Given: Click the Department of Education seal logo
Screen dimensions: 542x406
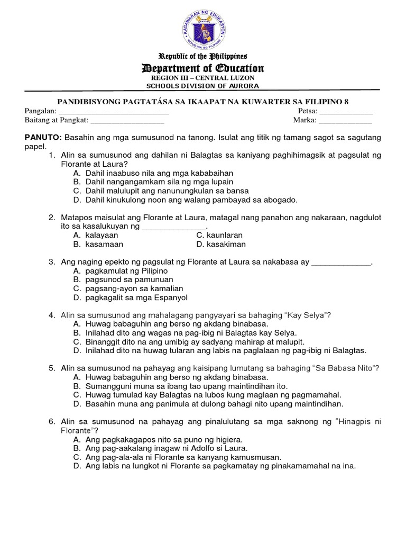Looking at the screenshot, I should [x=204, y=27].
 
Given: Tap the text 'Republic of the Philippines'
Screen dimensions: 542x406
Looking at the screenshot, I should [x=204, y=56].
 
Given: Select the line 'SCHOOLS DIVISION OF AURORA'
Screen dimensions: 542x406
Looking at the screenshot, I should [x=203, y=86].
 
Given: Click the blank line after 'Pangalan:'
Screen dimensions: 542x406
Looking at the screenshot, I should [x=114, y=112].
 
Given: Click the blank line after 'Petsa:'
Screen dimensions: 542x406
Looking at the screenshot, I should [x=346, y=112].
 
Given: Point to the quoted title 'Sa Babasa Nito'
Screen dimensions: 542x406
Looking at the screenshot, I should [x=344, y=368].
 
